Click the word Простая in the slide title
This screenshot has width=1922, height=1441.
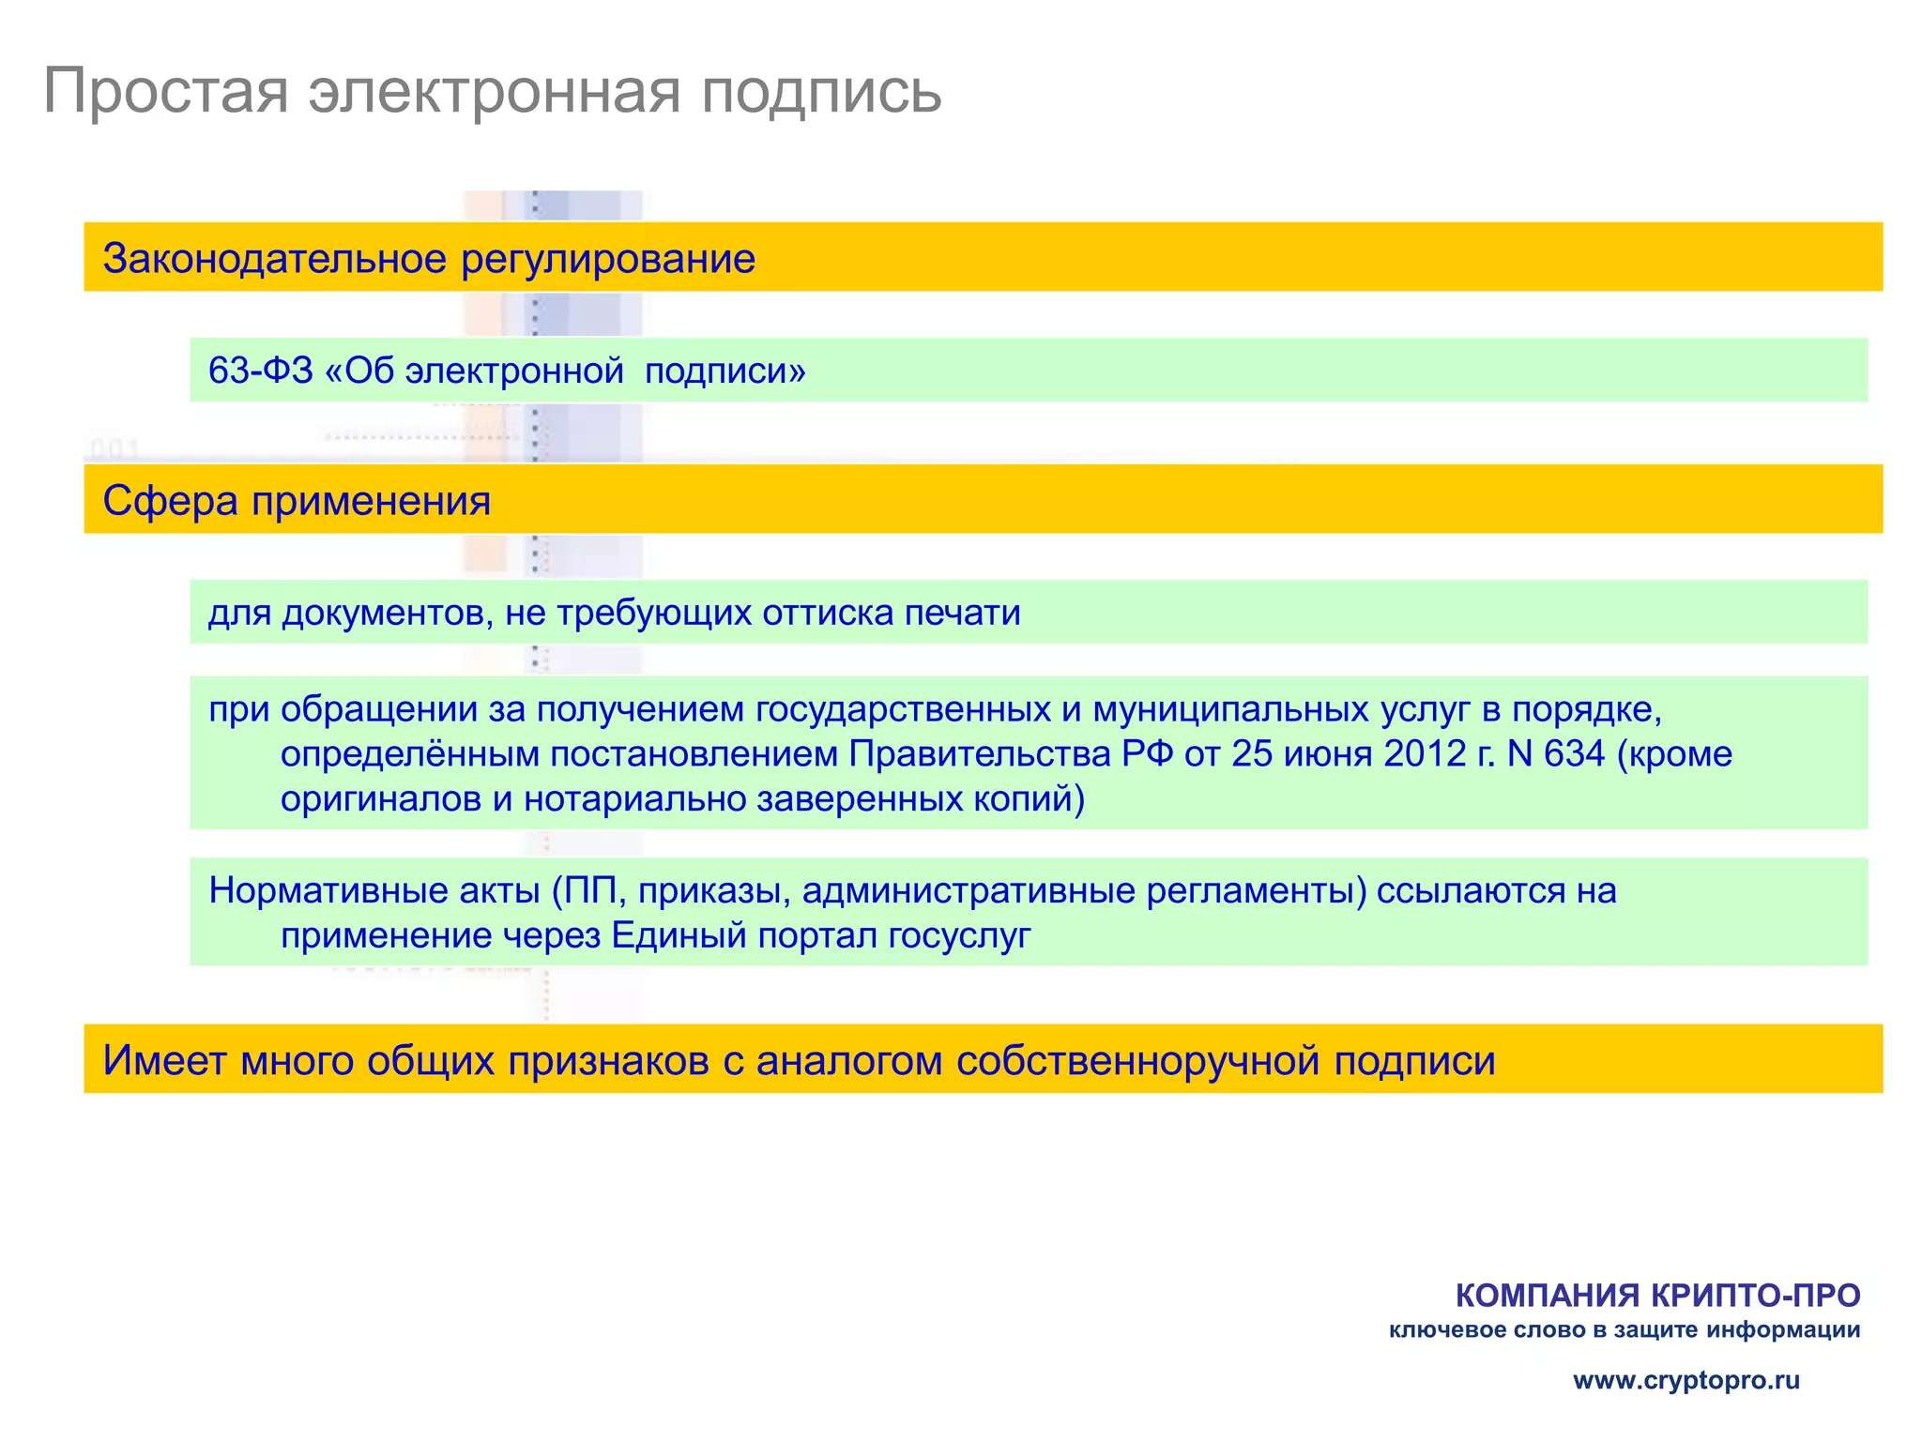pos(165,92)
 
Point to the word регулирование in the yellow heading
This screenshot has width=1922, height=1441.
pos(608,259)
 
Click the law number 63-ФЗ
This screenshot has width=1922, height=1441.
pos(260,371)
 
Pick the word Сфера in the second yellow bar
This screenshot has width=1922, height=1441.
pos(170,501)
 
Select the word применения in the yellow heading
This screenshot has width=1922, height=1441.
pos(371,501)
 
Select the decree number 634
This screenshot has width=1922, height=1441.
pos(1574,754)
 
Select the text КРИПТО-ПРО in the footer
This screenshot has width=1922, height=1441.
pos(1755,1296)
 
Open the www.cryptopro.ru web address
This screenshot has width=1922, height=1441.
pos(1686,1380)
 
